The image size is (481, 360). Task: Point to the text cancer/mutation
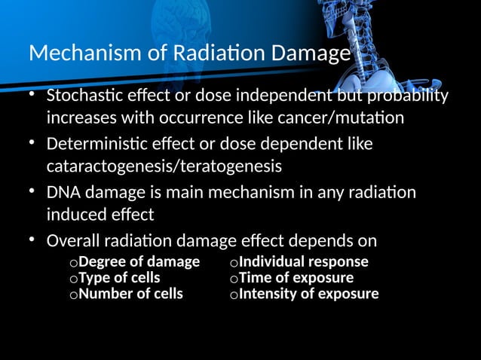[347, 118]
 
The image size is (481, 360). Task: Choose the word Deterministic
[97, 143]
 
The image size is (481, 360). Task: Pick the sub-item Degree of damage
[139, 262]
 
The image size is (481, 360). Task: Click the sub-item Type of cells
[119, 278]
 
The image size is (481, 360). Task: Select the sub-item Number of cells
[130, 294]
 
